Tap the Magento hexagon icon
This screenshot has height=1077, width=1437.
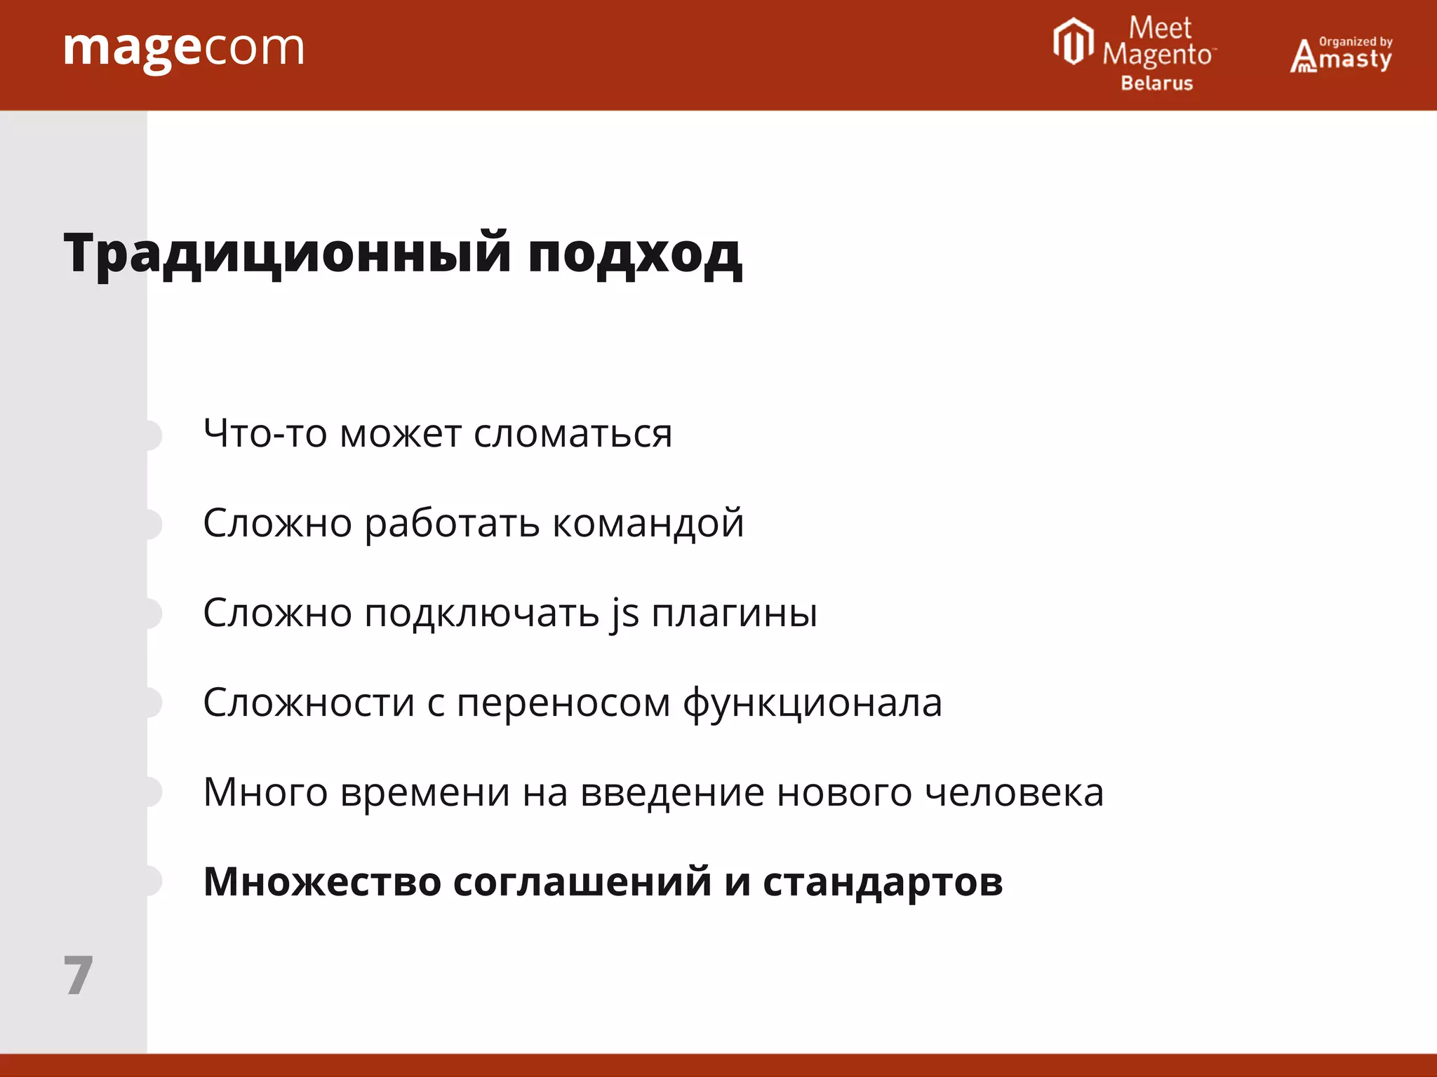pos(1073,42)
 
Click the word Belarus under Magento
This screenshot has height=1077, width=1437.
pos(1156,83)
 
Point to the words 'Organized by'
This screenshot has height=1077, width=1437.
pos(1356,41)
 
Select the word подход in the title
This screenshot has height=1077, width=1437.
pos(634,254)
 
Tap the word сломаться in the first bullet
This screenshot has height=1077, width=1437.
pos(573,434)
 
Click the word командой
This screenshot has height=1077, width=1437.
pos(648,524)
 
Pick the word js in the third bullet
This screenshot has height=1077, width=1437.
pos(624,614)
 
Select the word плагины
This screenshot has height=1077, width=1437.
pos(734,614)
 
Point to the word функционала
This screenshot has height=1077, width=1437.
pos(812,703)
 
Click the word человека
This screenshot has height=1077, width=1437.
pos(1014,793)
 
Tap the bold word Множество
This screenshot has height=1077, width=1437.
pos(322,882)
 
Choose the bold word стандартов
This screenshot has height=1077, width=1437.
pos(883,883)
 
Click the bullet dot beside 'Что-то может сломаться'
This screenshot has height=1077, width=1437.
pos(152,435)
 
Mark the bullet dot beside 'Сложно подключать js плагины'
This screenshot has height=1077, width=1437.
pos(152,614)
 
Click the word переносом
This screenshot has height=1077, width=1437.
pos(563,703)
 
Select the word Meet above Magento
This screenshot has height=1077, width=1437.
pos(1160,28)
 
